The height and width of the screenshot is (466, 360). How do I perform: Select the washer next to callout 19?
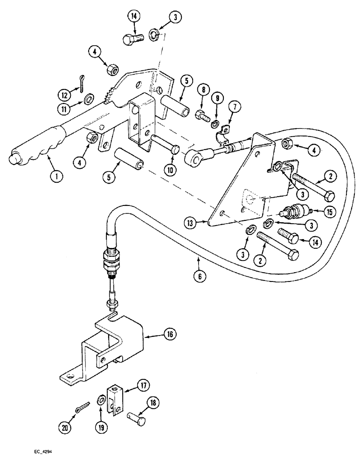click(x=101, y=400)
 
